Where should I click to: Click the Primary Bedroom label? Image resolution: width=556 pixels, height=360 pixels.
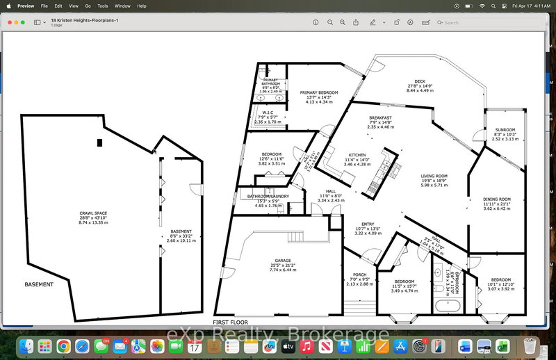click(x=319, y=92)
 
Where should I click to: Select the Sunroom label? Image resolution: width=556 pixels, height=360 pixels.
click(x=505, y=130)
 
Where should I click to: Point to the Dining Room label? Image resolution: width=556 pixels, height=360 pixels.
click(x=497, y=199)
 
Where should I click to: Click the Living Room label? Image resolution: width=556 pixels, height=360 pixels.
click(x=434, y=177)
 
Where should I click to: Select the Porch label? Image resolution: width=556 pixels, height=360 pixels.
click(x=359, y=274)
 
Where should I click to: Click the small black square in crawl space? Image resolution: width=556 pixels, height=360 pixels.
click(x=101, y=142)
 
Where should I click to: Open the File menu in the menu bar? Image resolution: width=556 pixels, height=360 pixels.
click(x=44, y=6)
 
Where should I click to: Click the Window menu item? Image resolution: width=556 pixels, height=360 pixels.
click(x=122, y=6)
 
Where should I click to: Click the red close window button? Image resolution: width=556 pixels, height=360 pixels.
click(x=10, y=22)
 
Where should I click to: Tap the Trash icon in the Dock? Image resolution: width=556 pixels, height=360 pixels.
click(x=530, y=345)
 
